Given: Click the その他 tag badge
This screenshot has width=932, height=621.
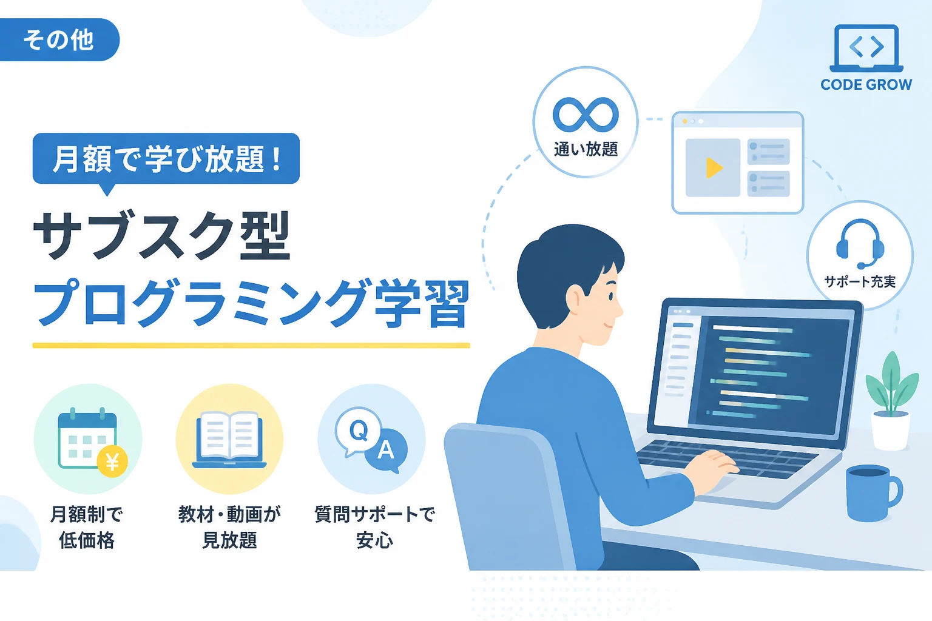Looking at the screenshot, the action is [x=59, y=40].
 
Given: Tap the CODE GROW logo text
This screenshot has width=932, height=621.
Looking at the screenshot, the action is [x=866, y=85].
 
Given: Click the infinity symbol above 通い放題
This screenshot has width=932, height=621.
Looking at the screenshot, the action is [x=586, y=115].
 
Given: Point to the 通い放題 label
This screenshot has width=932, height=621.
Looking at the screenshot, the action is [x=586, y=149].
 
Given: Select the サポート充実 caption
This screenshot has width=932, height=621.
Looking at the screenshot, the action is [x=860, y=281].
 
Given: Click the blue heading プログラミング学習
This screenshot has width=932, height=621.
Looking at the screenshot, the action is [x=252, y=303].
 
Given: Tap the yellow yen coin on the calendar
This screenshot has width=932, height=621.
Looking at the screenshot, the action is [x=112, y=462].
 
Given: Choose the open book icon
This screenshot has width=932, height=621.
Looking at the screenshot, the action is [x=229, y=439].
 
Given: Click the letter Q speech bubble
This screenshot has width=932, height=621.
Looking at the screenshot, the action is [x=358, y=431].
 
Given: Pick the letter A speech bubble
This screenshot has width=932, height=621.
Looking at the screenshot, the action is [x=386, y=451].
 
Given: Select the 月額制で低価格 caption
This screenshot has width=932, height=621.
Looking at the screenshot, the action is [x=87, y=528].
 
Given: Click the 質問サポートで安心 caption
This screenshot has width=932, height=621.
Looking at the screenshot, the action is [x=374, y=528].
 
